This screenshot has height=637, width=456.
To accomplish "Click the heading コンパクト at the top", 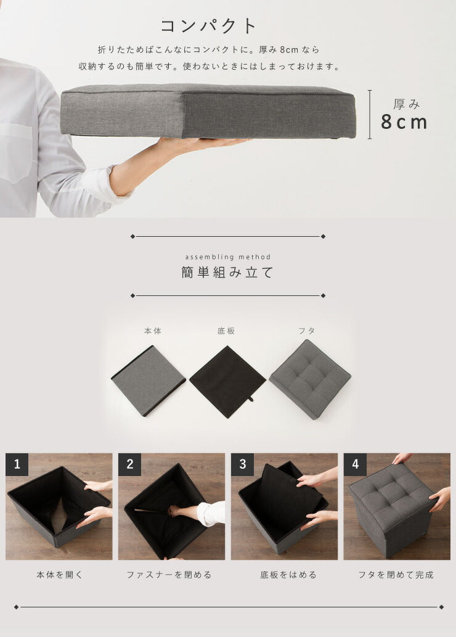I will [208, 26].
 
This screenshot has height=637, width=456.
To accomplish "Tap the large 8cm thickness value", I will [404, 122].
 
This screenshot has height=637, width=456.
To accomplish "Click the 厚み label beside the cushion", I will [406, 104].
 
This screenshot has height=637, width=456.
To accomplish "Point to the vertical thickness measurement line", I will [370, 114].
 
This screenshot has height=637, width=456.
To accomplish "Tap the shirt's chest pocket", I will [15, 151].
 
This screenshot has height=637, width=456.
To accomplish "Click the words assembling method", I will [227, 257].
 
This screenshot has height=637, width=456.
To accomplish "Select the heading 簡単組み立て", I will [227, 273].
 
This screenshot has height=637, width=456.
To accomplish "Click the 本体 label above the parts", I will [152, 331].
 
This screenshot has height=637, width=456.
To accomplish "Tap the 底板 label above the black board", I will [226, 331].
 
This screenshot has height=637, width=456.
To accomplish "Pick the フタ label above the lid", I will [306, 331].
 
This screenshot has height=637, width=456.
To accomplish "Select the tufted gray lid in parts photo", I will [309, 378].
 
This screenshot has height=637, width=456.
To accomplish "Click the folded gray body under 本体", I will [149, 380].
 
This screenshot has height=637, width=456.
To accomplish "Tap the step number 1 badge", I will [17, 464].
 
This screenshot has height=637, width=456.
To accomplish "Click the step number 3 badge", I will [242, 464].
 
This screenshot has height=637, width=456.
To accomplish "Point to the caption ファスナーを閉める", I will [169, 575].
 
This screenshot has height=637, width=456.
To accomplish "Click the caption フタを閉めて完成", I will [396, 575].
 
